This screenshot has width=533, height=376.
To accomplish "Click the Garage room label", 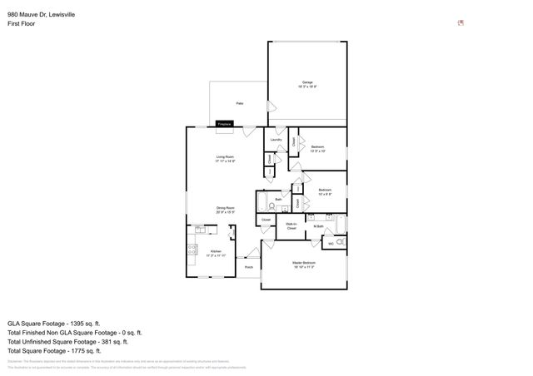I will click(307, 83).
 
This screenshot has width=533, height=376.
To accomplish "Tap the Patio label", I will click(239, 103).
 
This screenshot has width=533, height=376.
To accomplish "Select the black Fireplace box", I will click(224, 124).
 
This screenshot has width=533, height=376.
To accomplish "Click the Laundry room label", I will click(276, 140).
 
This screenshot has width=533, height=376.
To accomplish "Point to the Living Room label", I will click(225, 158).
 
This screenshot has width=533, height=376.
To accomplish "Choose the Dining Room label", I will click(225, 209).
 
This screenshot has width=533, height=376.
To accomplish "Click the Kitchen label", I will click(216, 252).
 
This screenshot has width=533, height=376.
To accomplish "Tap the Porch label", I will click(248, 268).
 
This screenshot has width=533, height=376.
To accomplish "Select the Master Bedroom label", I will click(303, 264).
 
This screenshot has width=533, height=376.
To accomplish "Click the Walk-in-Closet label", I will click(291, 225).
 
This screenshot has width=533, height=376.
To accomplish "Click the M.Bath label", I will click(318, 226).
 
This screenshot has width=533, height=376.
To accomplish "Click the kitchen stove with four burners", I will click(192, 248).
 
